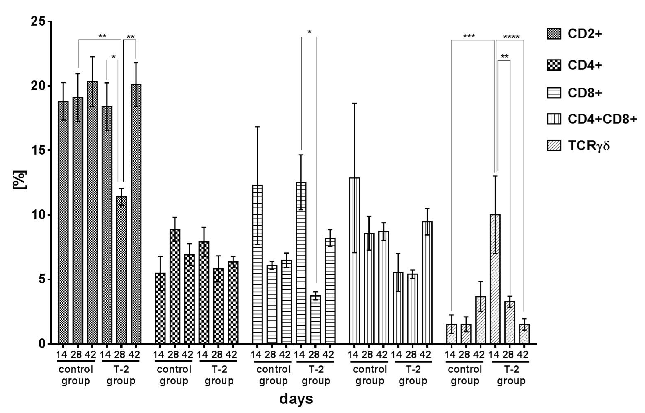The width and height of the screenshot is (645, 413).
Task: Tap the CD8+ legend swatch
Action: (554, 93)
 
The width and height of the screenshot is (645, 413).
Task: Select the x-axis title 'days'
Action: (296, 399)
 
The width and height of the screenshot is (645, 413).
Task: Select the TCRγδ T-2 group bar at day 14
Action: (495, 279)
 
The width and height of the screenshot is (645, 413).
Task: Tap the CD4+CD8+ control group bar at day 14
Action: (354, 260)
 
